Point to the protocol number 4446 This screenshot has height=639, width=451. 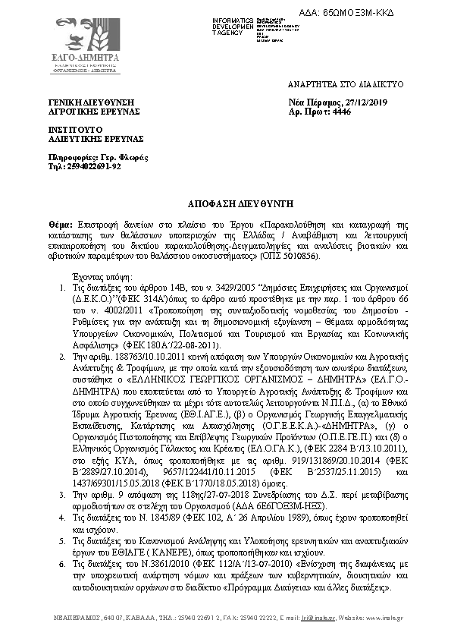343,111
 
